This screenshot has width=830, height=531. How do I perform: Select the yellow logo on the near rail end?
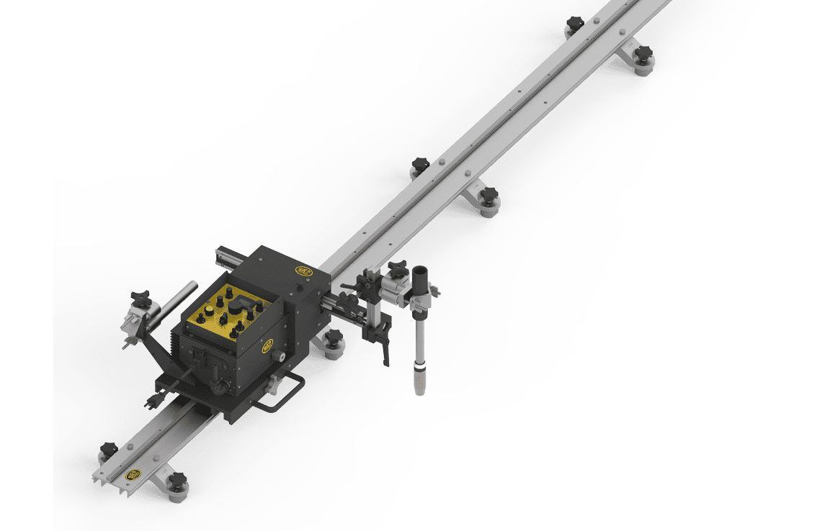coord(133,474)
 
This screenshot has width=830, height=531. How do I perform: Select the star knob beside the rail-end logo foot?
coord(176,480)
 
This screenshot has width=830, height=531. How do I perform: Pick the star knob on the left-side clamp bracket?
coord(140,297)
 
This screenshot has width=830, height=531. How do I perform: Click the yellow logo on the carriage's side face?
coord(267,346)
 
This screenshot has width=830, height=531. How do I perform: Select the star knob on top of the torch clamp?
coord(397,268)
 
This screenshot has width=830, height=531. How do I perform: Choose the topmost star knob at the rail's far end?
coord(574,23)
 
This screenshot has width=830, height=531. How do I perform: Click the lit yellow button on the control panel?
coord(210,310)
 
